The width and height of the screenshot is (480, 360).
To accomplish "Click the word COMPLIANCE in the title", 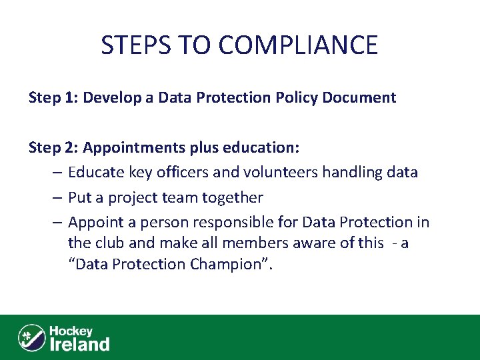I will click(297, 45).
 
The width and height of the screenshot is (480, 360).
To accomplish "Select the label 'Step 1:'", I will click(51, 98).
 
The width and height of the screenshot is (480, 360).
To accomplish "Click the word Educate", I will click(95, 173).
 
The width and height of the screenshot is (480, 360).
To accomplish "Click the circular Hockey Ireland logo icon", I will click(31, 337).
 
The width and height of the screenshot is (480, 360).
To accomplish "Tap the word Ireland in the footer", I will click(80, 344).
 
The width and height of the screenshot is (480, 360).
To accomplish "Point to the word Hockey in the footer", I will click(71, 331).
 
